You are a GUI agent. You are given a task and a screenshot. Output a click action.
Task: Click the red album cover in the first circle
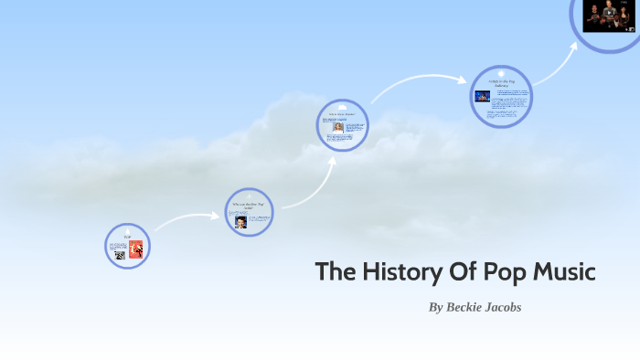click(x=135, y=249)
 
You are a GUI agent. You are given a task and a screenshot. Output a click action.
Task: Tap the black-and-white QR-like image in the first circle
click(x=120, y=255)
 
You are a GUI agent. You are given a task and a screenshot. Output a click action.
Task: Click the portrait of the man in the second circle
click(x=240, y=222)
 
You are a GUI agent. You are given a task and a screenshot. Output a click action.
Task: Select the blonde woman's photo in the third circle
click(x=338, y=127)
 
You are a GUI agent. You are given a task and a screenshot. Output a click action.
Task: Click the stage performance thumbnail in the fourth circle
click(x=482, y=96)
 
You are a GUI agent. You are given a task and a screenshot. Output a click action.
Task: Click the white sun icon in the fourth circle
click(x=501, y=72)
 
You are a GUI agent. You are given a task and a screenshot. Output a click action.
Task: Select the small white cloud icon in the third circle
click(x=343, y=107)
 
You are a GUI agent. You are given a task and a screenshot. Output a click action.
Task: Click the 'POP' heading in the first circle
click(x=128, y=237)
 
